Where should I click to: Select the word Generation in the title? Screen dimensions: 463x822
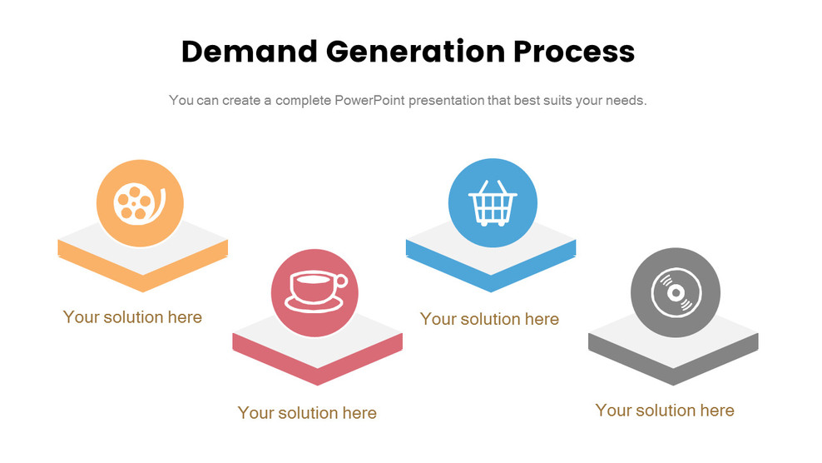pyautogui.click(x=413, y=52)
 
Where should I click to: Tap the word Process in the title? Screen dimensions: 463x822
pyautogui.click(x=573, y=52)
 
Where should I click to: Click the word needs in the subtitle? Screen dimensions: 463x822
pyautogui.click(x=625, y=101)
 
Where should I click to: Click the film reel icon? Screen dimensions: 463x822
pyautogui.click(x=139, y=203)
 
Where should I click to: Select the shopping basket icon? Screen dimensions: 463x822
pyautogui.click(x=493, y=203)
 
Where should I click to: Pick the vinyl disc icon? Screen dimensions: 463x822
pyautogui.click(x=675, y=294)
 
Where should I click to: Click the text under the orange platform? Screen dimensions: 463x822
pyautogui.click(x=132, y=317)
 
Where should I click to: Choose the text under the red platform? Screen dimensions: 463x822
pyautogui.click(x=307, y=413)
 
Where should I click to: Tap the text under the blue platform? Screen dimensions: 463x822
pyautogui.click(x=489, y=319)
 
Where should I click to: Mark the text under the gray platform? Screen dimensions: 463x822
pyautogui.click(x=665, y=411)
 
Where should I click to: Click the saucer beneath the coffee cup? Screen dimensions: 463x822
pyautogui.click(x=315, y=303)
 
